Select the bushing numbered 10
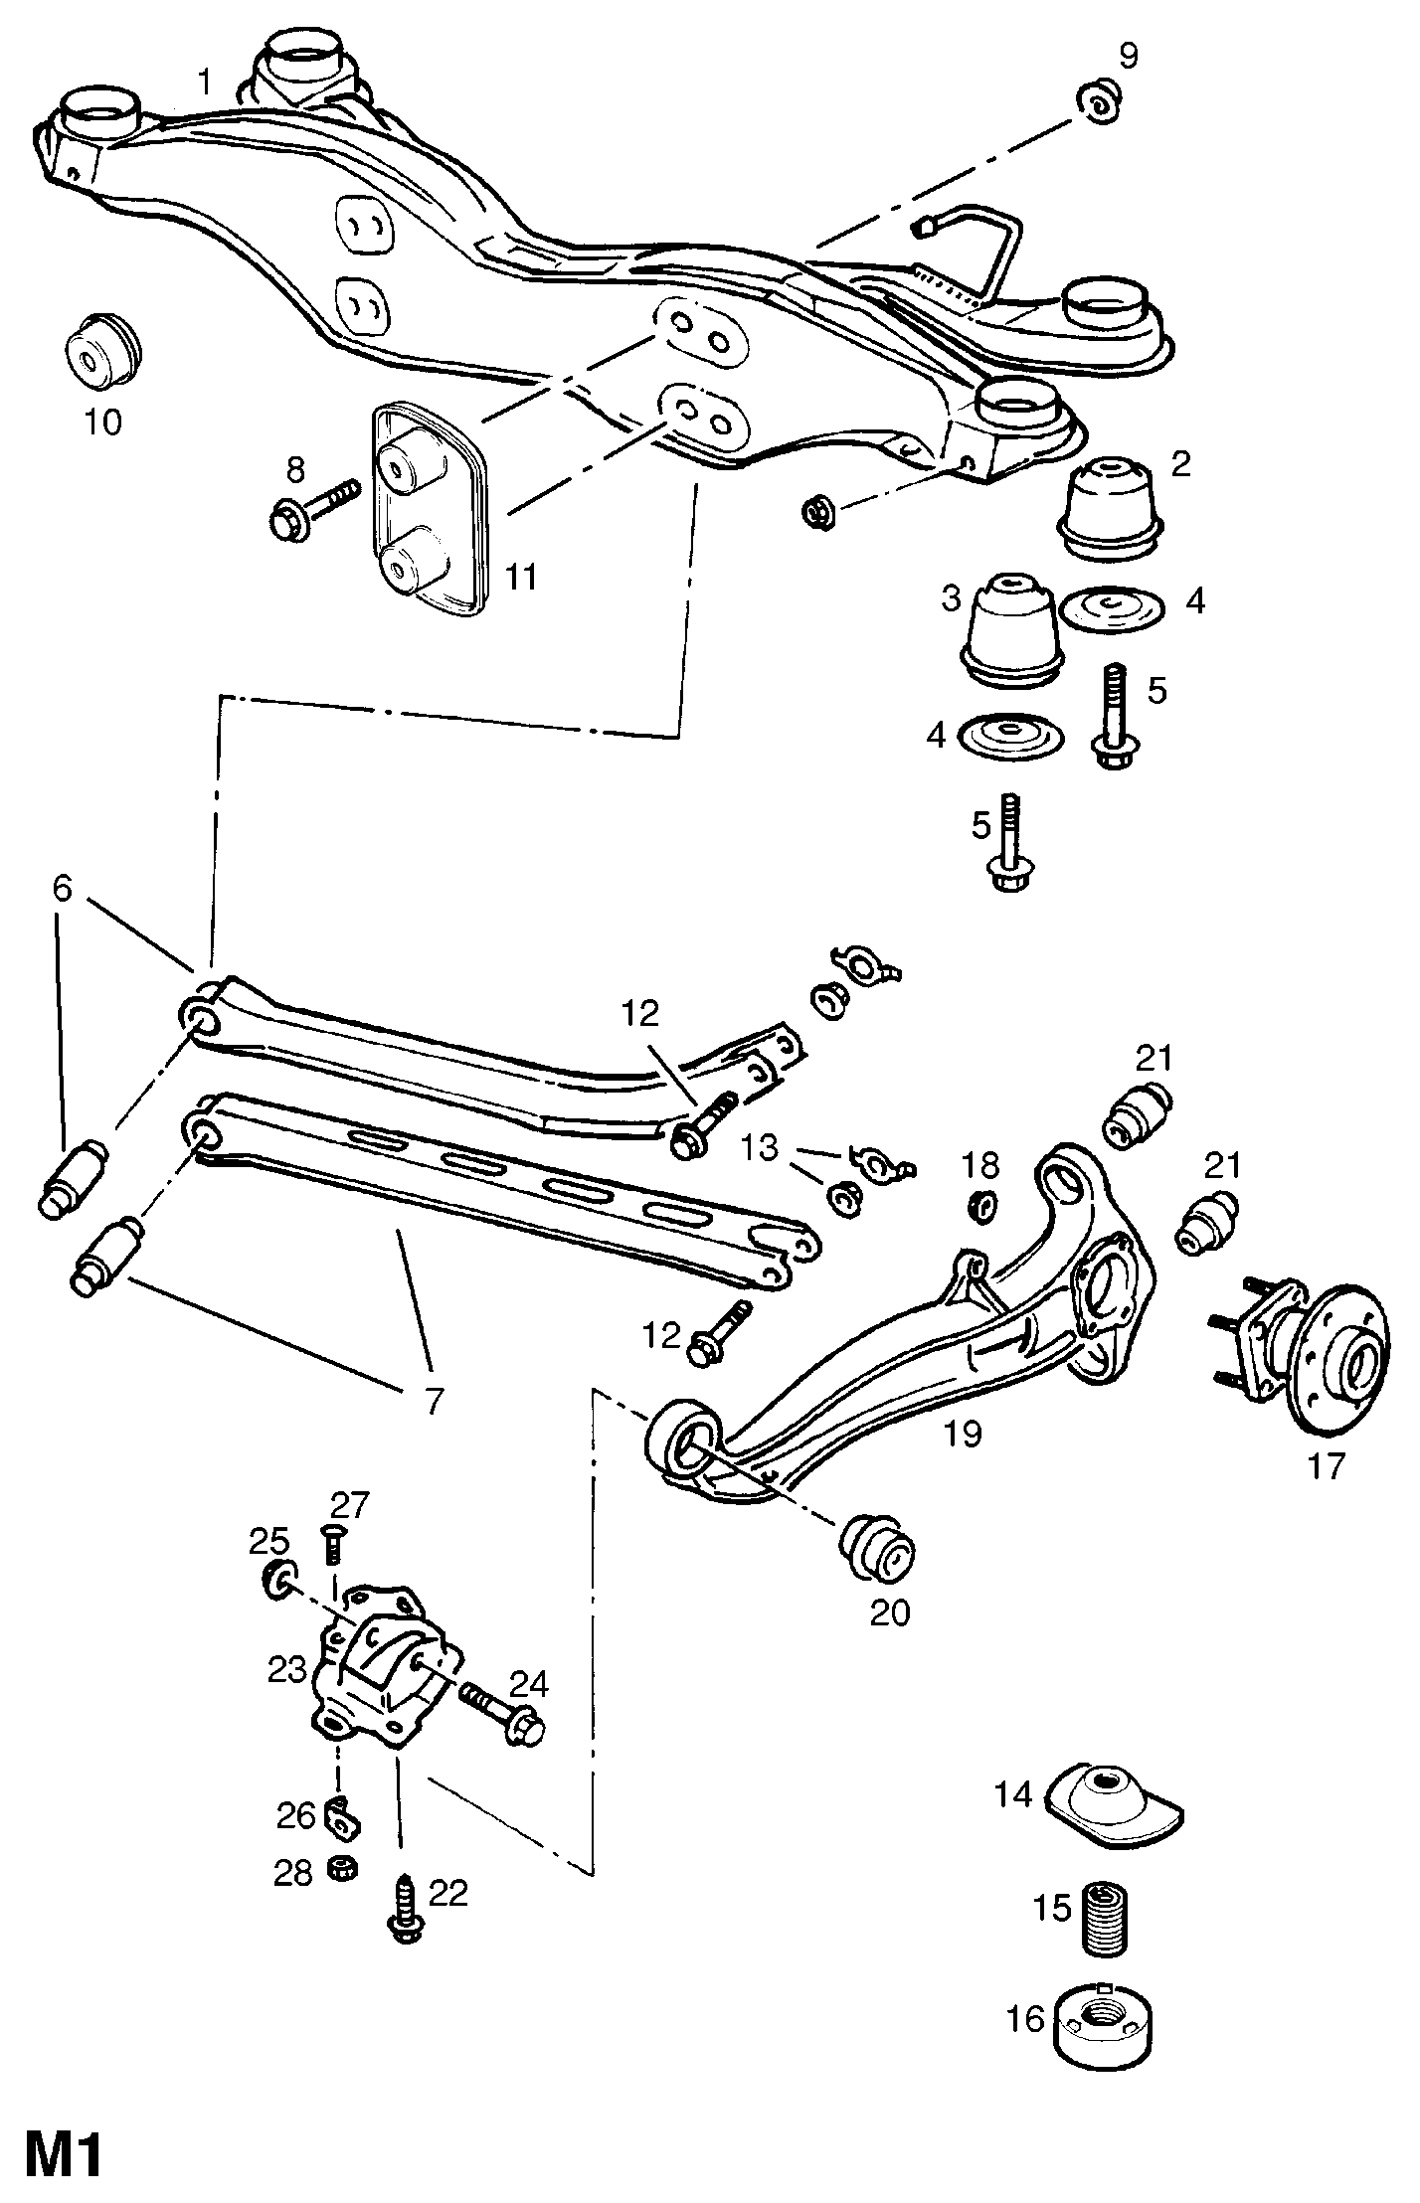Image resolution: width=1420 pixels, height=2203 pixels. tap(104, 352)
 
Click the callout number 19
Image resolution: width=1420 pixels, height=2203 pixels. tap(964, 1434)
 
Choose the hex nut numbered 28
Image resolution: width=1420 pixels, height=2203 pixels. tap(342, 1869)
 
